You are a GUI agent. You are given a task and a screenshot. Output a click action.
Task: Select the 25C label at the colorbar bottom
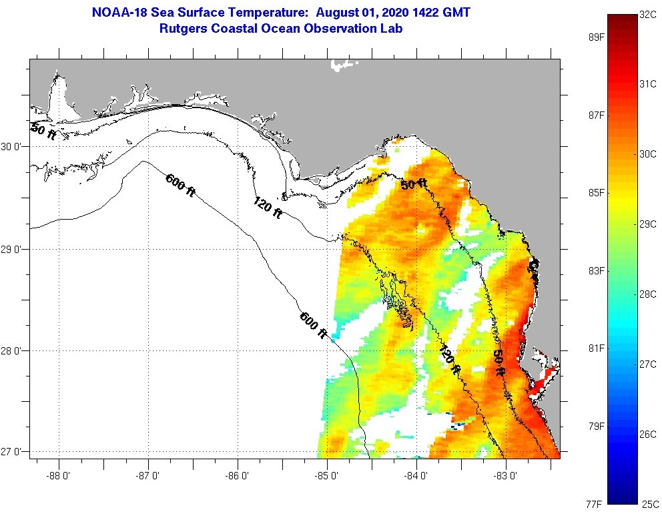point(649,503)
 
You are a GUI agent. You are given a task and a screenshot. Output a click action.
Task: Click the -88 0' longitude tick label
point(59,476)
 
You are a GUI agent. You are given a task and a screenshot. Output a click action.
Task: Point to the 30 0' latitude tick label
point(13,146)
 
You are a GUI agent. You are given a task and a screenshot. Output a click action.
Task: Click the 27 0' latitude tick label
point(13,452)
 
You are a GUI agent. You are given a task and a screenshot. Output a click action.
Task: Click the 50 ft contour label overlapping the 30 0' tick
point(43,131)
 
